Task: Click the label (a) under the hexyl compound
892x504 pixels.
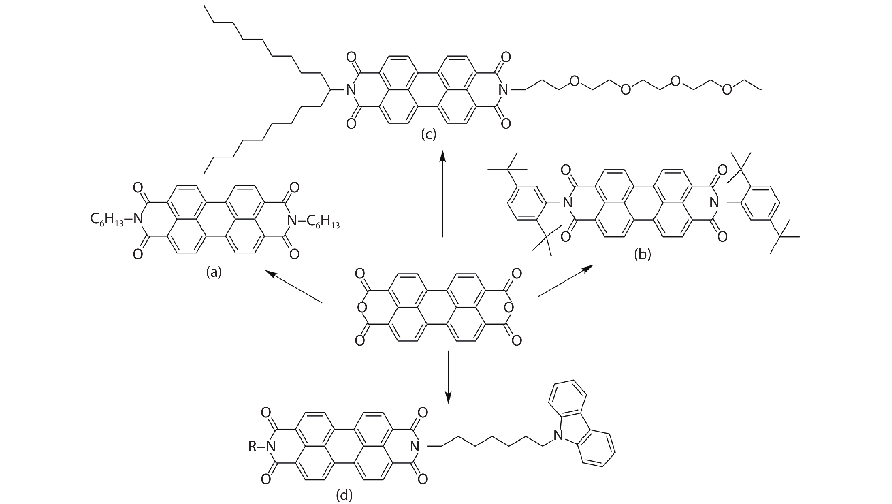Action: pyautogui.click(x=214, y=273)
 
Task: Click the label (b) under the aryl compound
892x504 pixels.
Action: pyautogui.click(x=642, y=254)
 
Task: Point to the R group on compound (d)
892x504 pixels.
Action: pyautogui.click(x=252, y=447)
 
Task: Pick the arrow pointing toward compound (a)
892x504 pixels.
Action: pyautogui.click(x=294, y=287)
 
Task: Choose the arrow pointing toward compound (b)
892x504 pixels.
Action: pyautogui.click(x=565, y=281)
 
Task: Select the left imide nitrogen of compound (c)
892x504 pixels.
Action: pyautogui.click(x=351, y=90)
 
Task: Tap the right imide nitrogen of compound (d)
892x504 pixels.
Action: pyautogui.click(x=414, y=447)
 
